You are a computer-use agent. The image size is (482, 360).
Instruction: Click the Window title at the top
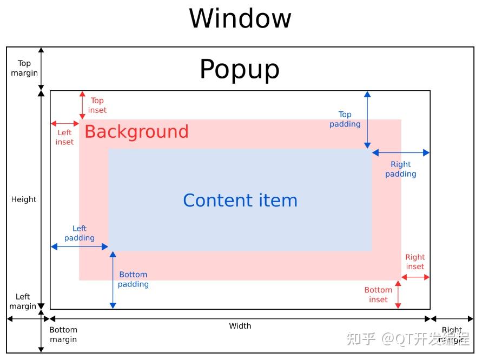point(240,18)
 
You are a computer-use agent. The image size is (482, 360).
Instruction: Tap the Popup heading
point(240,69)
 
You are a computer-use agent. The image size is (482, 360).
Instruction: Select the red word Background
point(136,131)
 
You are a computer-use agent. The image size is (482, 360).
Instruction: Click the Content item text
point(240,201)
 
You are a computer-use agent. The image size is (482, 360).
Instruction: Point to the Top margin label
point(24,68)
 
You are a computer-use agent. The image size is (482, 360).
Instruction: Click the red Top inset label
point(97,105)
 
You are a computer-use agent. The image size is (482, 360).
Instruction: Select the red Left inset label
point(64,137)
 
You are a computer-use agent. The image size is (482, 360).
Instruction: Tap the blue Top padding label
point(345,119)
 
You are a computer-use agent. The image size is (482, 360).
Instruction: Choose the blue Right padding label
point(401,169)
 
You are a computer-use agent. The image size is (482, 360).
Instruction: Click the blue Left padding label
point(80,233)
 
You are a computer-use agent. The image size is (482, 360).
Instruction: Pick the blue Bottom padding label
point(133,279)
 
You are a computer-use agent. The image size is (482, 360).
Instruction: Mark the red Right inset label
point(415,262)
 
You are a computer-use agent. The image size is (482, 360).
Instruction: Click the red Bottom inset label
point(378,295)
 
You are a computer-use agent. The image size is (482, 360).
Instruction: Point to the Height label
point(24,199)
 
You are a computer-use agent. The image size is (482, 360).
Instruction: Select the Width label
point(240,325)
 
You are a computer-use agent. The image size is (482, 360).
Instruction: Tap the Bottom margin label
point(63,335)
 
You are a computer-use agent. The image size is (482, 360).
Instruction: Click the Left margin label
point(23,301)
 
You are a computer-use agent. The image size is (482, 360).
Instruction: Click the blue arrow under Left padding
point(80,247)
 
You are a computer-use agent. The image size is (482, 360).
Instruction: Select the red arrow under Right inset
point(415,277)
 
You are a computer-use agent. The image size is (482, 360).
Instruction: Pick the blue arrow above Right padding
point(401,153)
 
